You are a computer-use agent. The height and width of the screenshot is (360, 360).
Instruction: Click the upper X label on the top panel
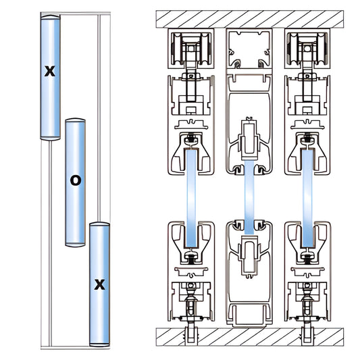49,70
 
